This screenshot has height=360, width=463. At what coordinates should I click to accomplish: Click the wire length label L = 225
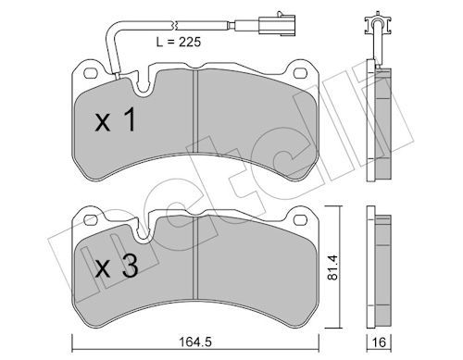click(x=179, y=42)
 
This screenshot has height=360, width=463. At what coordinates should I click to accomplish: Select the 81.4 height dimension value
click(x=333, y=267)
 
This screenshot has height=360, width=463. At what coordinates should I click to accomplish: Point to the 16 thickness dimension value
click(x=379, y=342)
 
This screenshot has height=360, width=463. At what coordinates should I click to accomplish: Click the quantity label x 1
click(x=116, y=120)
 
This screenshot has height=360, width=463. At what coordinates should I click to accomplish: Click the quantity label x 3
click(x=117, y=267)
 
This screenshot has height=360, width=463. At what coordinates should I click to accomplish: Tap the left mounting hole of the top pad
click(x=91, y=73)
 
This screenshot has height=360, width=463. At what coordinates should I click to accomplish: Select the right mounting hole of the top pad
click(x=300, y=73)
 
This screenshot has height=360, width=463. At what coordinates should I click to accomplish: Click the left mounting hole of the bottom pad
click(x=91, y=219)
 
